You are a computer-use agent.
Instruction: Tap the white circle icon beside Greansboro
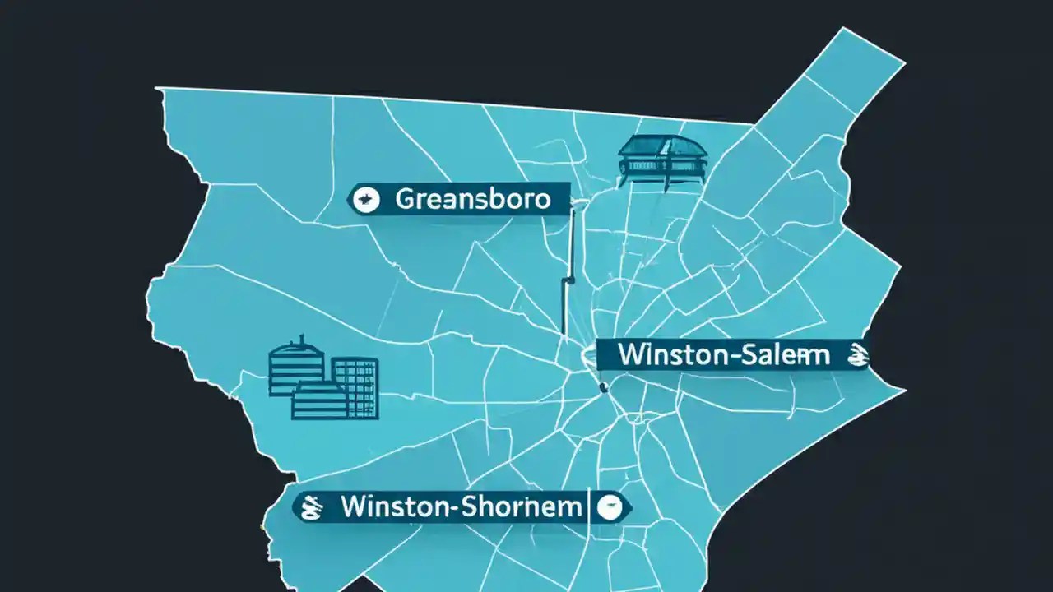(364, 199)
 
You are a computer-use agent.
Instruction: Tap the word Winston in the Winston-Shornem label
(392, 506)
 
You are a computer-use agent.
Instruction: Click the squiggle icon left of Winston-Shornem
(311, 506)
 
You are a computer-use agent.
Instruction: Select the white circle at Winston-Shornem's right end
(610, 507)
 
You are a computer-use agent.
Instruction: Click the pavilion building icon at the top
(662, 160)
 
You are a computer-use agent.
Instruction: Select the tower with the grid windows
(355, 386)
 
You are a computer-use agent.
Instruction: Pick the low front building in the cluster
(320, 400)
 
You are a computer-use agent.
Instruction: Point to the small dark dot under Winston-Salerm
(603, 386)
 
